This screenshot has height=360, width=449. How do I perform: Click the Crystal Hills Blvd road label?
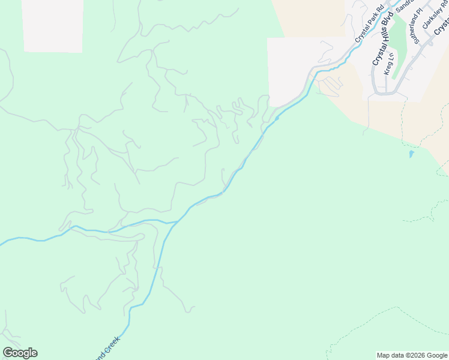(x=382, y=38)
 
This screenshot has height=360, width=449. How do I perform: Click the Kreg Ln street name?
(x=390, y=63)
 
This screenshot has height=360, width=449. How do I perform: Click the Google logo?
(x=20, y=353)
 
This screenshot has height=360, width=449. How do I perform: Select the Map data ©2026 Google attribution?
(x=412, y=355)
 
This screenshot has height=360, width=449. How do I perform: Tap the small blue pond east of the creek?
(x=411, y=154)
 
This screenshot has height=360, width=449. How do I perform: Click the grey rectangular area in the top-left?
(x=53, y=25)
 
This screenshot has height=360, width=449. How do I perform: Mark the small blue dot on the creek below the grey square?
(x=277, y=118)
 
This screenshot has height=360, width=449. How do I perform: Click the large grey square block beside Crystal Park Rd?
(x=288, y=69)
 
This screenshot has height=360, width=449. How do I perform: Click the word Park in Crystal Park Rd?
(x=369, y=26)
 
